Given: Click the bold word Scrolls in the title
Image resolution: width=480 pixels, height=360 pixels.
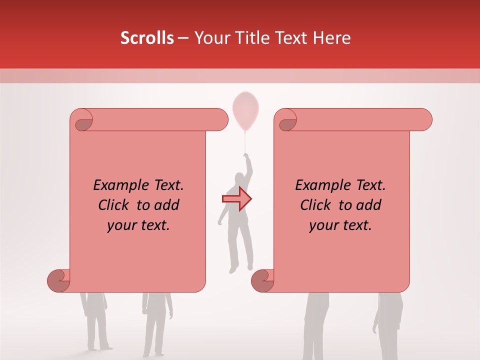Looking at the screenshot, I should coord(147,38).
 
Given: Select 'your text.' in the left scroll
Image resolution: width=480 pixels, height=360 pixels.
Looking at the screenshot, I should coord(138,225).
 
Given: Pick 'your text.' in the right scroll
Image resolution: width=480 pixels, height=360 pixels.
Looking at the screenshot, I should coord(340,225).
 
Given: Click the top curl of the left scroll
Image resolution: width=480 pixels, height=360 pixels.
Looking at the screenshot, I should coord(82,121).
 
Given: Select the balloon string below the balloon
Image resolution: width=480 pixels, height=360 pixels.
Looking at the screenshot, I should coord(245,142).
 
